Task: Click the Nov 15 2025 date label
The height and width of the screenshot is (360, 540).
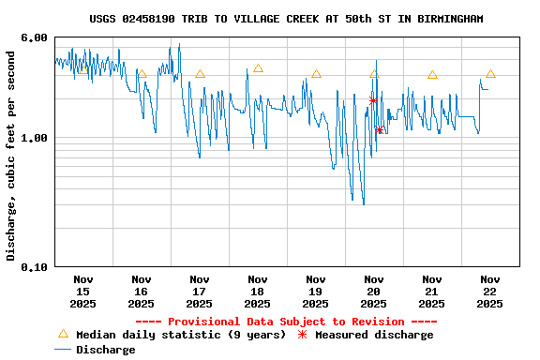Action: [x=82, y=291]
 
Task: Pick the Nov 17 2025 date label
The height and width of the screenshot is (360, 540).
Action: [x=199, y=291]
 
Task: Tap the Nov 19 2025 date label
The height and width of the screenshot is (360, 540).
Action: [x=315, y=291]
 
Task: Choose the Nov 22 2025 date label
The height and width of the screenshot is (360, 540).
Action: [x=489, y=291]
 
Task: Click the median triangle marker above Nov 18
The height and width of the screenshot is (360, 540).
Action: [x=258, y=68]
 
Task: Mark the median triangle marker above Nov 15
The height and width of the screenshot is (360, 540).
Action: [x=83, y=69]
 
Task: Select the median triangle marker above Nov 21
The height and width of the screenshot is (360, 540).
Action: [x=432, y=74]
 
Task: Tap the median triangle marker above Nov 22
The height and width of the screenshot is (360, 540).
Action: [x=490, y=73]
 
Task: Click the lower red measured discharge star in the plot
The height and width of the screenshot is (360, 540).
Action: [x=379, y=129]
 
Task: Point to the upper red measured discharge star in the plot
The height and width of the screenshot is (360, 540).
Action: [x=373, y=100]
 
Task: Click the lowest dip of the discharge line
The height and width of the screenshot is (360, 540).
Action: [x=363, y=203]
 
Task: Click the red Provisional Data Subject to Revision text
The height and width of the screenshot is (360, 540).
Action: [x=293, y=322]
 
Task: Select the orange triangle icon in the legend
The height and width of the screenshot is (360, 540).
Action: [x=63, y=334]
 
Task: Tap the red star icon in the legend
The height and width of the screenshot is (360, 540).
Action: [x=302, y=335]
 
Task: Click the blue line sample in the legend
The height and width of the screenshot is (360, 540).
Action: [x=63, y=350]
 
